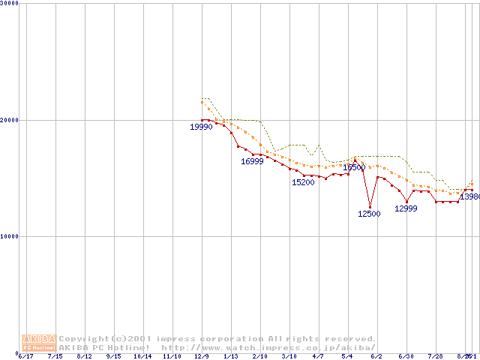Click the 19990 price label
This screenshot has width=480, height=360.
click(x=201, y=127)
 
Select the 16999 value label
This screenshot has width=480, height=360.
click(x=252, y=161)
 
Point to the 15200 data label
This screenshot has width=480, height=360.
click(x=303, y=182)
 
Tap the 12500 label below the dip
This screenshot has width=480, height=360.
click(x=369, y=214)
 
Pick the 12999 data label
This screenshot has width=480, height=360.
click(x=406, y=208)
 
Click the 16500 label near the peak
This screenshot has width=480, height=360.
click(x=354, y=168)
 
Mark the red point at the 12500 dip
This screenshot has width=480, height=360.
click(x=370, y=206)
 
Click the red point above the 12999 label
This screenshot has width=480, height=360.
click(x=406, y=201)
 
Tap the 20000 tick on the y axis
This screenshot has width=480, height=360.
click(x=9, y=120)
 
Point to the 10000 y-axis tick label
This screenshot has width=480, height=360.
click(x=9, y=236)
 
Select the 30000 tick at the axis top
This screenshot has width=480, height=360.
click(x=9, y=3)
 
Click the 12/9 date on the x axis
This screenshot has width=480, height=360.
click(x=201, y=357)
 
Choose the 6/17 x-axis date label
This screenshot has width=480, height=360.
click(x=25, y=357)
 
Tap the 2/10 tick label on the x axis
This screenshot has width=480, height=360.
click(x=259, y=357)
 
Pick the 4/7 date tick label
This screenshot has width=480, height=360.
click(x=318, y=357)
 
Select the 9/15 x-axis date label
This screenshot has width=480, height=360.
click(x=113, y=357)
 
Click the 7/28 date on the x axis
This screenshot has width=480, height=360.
click(x=435, y=357)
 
